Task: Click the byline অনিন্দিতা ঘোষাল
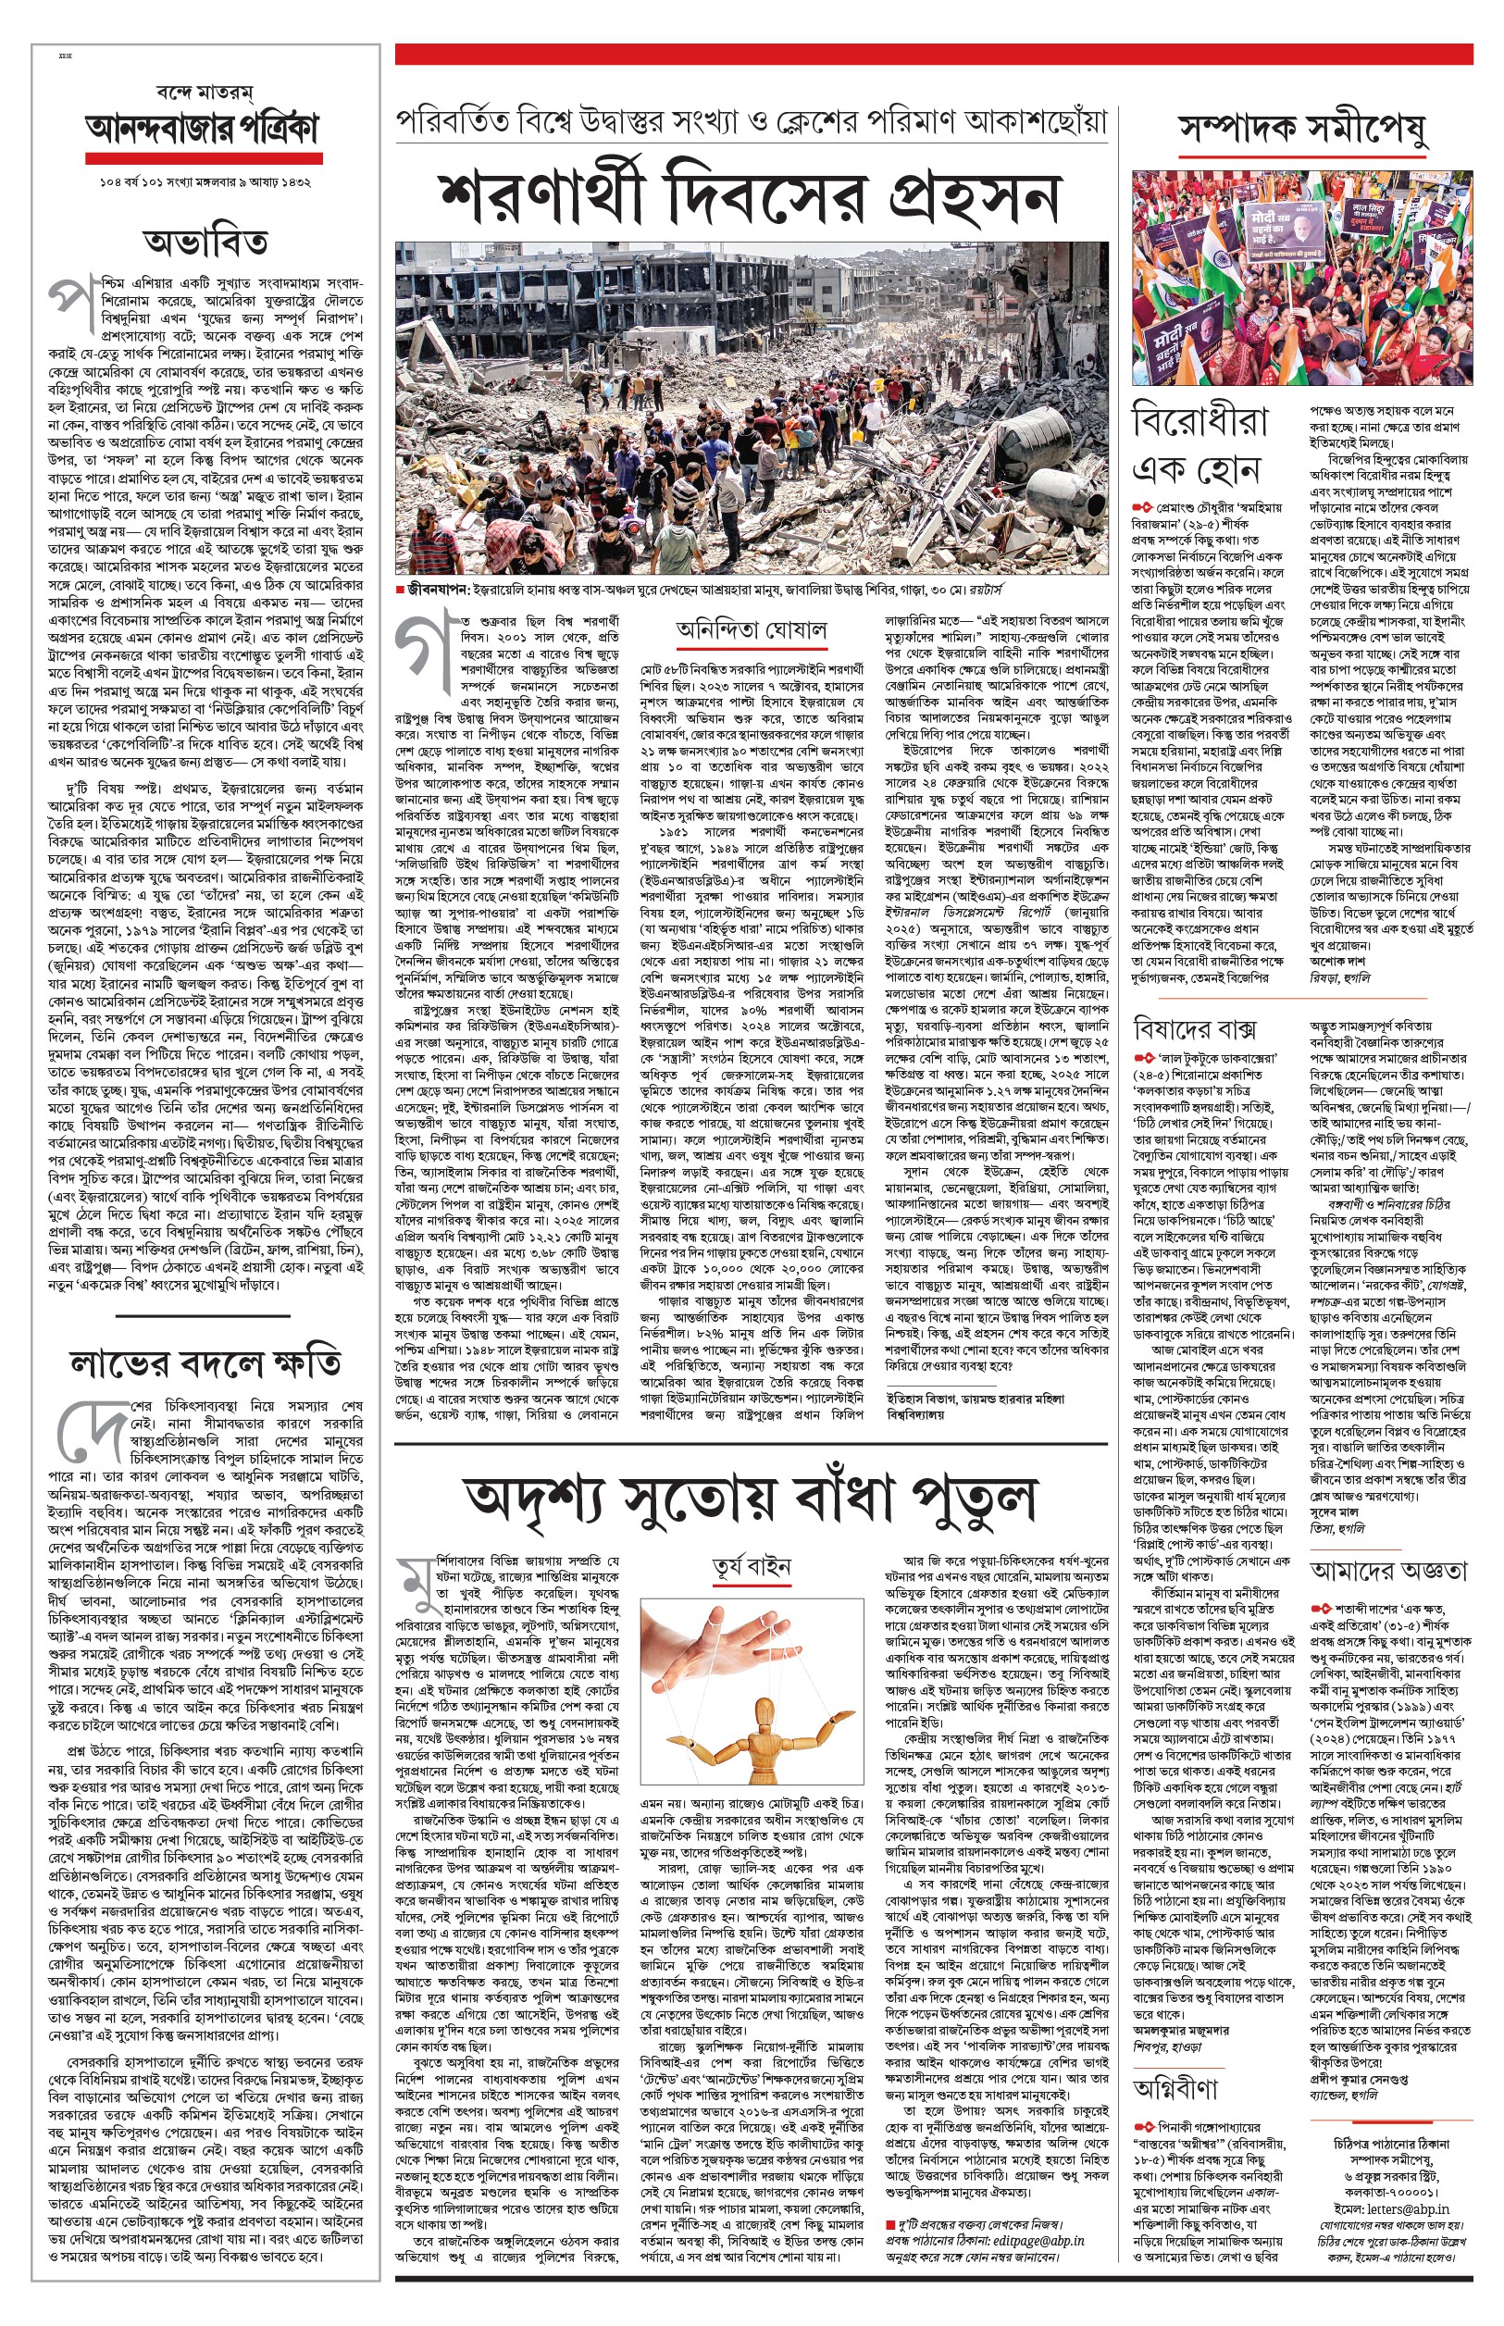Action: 751,629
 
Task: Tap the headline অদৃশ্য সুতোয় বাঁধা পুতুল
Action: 751,1499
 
